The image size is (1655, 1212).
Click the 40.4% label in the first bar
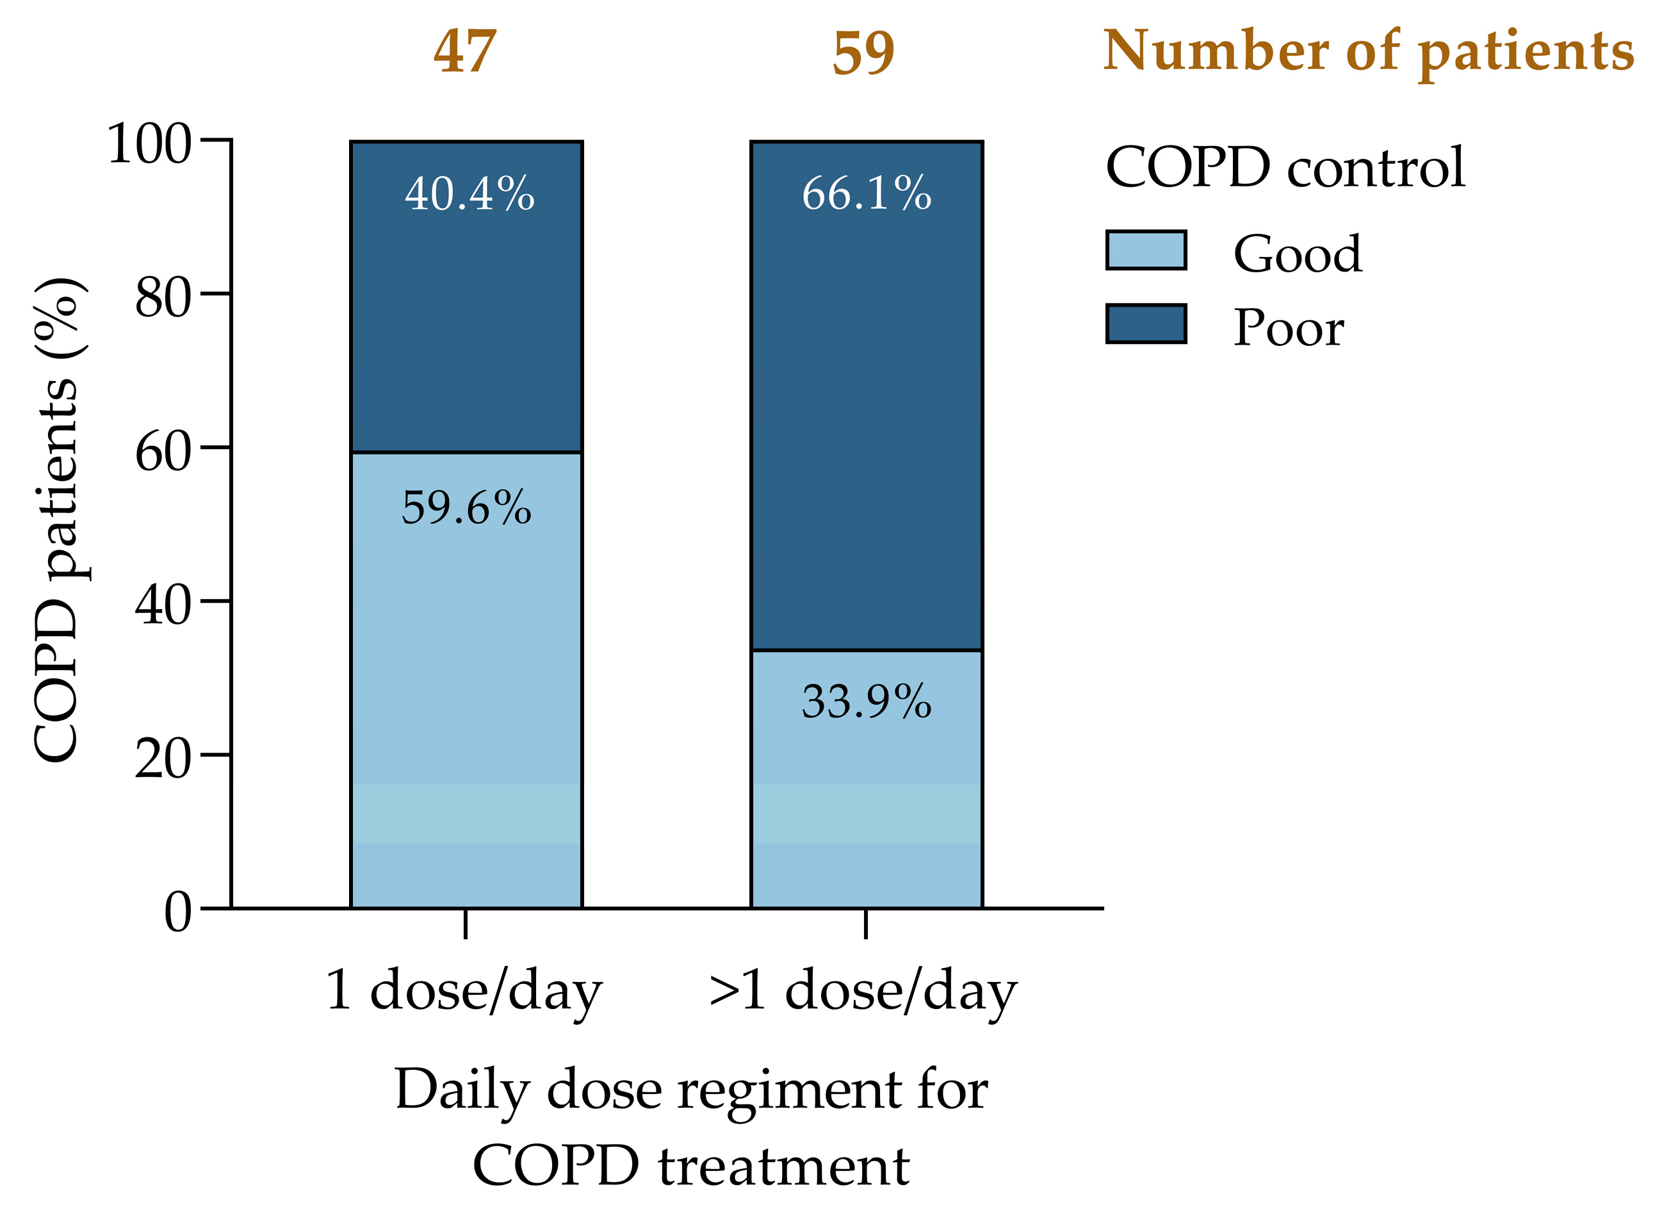(469, 194)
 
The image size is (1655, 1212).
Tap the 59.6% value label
(466, 508)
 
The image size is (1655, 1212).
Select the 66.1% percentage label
(867, 194)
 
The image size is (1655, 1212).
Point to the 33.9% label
(867, 702)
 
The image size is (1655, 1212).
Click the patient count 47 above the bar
(465, 52)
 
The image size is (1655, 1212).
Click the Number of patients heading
(1369, 52)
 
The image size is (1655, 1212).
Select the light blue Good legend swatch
(1146, 251)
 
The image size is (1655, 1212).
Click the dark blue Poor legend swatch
(1146, 324)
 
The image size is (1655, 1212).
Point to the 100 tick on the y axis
(150, 143)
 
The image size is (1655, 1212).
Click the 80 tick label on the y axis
(163, 298)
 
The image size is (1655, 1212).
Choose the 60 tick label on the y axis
(163, 452)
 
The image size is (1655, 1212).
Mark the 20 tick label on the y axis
(163, 758)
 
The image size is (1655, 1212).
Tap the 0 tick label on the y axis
(177, 913)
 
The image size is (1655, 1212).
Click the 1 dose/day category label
(464, 990)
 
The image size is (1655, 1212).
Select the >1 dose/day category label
(863, 990)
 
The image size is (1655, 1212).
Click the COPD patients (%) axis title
(57, 521)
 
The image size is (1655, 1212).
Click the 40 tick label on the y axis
(163, 606)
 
